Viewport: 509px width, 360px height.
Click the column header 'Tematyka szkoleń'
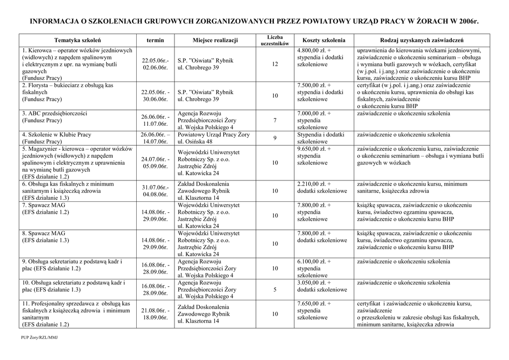[x=78, y=40]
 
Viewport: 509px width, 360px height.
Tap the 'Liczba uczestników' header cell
[x=275, y=40]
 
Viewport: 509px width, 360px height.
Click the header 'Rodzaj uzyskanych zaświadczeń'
[x=422, y=40]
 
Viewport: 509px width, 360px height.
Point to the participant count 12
[x=275, y=65]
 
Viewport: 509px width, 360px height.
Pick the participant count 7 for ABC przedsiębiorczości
[x=275, y=120]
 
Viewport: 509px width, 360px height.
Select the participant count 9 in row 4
[x=275, y=138]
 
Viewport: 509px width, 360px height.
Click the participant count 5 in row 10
[x=275, y=290]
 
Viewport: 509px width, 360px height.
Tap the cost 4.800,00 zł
[x=314, y=51]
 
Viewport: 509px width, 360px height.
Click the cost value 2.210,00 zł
[x=314, y=183]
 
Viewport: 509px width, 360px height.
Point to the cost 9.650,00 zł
[x=314, y=149]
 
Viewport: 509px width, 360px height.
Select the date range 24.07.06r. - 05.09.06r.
[x=155, y=163]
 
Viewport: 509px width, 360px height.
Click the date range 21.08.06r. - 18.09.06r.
[x=155, y=314]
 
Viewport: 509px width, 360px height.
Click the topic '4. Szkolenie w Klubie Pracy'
[x=57, y=135]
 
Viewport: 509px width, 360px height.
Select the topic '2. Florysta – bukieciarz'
[x=68, y=86]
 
